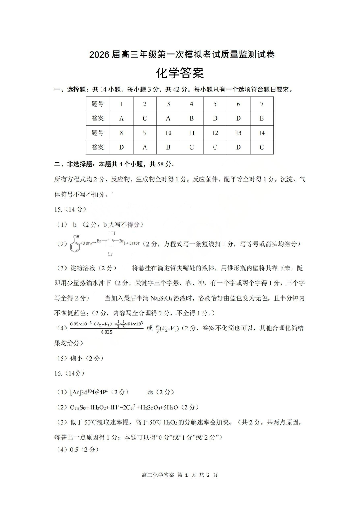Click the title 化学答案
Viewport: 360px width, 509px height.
click(180, 73)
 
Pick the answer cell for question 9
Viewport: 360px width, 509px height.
click(145, 147)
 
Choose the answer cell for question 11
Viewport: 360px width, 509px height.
click(191, 147)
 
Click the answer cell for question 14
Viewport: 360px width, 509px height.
click(262, 147)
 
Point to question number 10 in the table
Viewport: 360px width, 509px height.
click(168, 133)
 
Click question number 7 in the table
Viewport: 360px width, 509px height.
click(262, 104)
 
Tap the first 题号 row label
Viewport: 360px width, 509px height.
click(97, 104)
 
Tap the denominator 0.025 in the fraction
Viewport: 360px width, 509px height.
click(107, 332)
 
